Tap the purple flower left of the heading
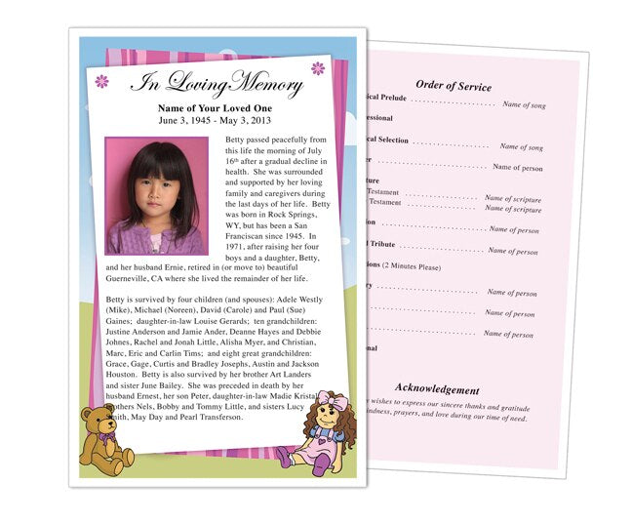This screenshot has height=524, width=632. (101, 81)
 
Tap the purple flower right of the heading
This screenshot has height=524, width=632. (317, 68)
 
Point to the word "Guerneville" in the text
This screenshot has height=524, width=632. (137, 276)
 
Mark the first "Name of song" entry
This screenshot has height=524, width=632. (523, 103)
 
